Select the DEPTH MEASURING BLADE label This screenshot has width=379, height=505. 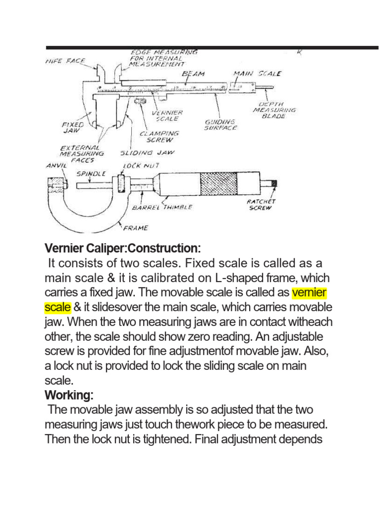coord(274,110)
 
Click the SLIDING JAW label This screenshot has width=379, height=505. coord(148,153)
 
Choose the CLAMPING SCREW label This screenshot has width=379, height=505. coord(159,136)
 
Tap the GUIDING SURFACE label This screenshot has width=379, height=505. coord(221,124)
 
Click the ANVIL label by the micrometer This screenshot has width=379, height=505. coord(55,166)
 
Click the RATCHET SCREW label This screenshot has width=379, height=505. coord(261,205)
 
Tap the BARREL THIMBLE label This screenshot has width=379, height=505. coord(162,208)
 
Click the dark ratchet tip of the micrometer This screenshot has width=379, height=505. coord(274,183)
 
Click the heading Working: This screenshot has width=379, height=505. coord(69,396)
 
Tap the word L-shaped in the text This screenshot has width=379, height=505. coord(234,278)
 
